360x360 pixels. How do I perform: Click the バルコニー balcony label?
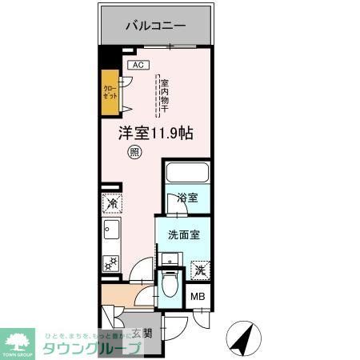(x=155, y=26)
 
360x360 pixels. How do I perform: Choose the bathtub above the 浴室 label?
(x=186, y=174)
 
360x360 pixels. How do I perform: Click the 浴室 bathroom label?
(x=188, y=198)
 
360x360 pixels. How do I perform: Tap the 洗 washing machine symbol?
(x=201, y=270)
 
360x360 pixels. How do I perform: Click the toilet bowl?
(x=169, y=285)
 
